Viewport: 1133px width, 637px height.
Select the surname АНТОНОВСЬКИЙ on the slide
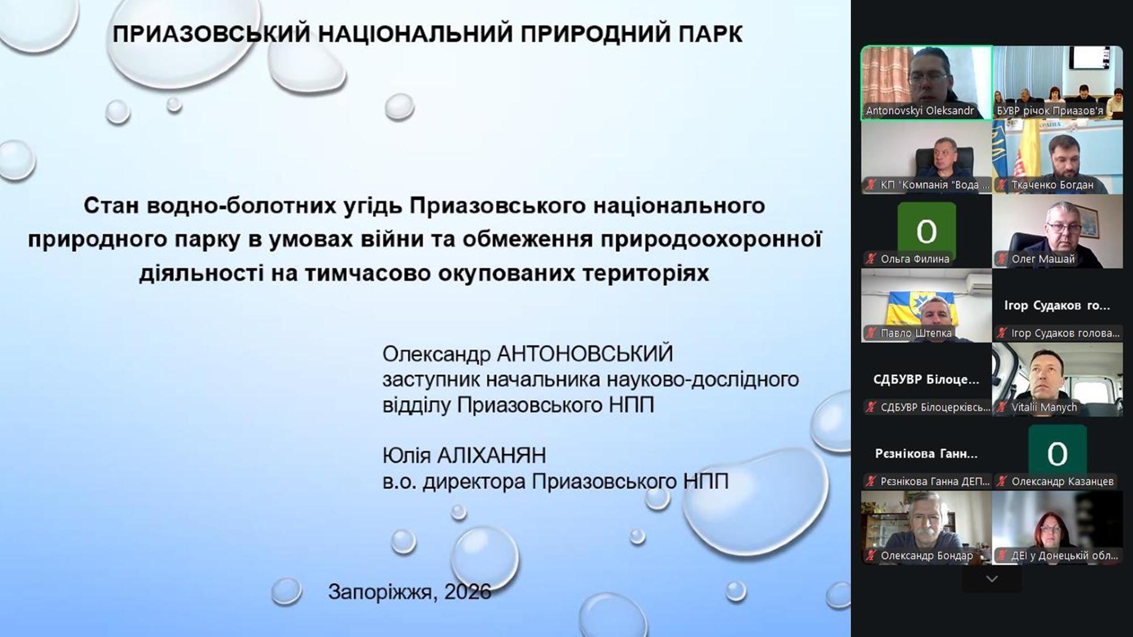click(585, 354)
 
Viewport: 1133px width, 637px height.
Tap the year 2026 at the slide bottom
click(467, 592)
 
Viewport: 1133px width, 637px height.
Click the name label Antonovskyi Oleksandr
click(919, 111)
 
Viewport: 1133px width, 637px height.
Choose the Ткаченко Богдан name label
click(1053, 185)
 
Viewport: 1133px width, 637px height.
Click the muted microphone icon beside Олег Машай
click(1002, 259)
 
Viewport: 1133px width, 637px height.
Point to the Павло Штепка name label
click(916, 334)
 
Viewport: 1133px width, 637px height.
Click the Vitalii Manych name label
click(1044, 408)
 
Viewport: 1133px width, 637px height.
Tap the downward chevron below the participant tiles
click(991, 579)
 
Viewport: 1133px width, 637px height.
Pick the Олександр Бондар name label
click(927, 556)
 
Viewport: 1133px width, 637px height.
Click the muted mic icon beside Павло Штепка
click(871, 334)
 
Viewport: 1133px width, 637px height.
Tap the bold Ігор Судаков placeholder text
click(1057, 306)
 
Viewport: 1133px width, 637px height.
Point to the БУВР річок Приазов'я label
click(1050, 111)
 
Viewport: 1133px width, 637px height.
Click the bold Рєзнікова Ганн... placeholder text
click(926, 454)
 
